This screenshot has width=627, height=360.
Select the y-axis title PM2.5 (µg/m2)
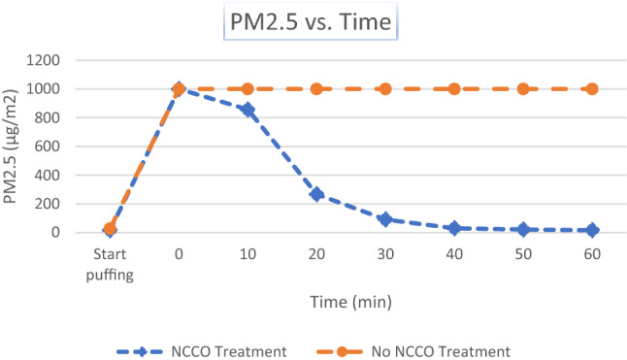21,146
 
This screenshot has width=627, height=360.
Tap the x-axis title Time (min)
350,302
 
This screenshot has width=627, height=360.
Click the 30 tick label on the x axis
385,254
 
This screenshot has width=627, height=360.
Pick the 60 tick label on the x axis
592,254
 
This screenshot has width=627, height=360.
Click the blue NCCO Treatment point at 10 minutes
247,110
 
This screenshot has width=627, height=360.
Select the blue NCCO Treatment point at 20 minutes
316,194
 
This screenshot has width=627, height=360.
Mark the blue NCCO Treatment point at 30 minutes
385,219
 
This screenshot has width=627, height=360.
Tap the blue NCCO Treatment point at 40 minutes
454,228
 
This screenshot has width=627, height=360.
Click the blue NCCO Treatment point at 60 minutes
592,230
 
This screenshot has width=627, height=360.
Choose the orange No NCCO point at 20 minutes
316,89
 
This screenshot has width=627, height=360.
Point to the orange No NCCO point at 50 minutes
523,89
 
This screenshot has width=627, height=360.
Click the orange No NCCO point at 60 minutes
592,89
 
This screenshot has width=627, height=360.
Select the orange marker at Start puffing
110,229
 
